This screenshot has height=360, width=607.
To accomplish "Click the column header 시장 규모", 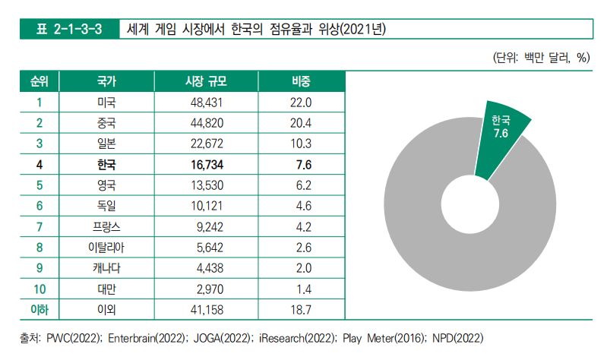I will pyautogui.click(x=206, y=81).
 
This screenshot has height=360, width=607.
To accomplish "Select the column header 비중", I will pyautogui.click(x=302, y=81).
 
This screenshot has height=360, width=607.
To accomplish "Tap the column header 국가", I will pyautogui.click(x=107, y=81).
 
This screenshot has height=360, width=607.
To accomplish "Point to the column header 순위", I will pyautogui.click(x=38, y=81).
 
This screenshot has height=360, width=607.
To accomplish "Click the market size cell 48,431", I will pyautogui.click(x=206, y=102).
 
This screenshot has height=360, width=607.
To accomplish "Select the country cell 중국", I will pyautogui.click(x=107, y=122).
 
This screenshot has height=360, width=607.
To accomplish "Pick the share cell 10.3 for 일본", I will pyautogui.click(x=302, y=143).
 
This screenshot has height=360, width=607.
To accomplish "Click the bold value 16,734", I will pyautogui.click(x=206, y=164).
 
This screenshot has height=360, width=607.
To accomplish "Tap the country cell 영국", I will pyautogui.click(x=107, y=185).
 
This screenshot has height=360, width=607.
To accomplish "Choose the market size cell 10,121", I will pyautogui.click(x=206, y=205).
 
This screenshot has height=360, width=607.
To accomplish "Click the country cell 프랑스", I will pyautogui.click(x=107, y=226).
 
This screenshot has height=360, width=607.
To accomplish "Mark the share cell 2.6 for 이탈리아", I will pyautogui.click(x=302, y=247).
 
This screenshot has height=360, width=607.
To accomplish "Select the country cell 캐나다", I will pyautogui.click(x=107, y=267).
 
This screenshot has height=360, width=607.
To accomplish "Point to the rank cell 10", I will pyautogui.click(x=38, y=288).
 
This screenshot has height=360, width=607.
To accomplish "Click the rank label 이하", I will pyautogui.click(x=38, y=308).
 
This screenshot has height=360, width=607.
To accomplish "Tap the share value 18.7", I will pyautogui.click(x=302, y=308).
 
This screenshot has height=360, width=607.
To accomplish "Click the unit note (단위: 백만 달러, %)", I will pyautogui.click(x=541, y=58).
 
